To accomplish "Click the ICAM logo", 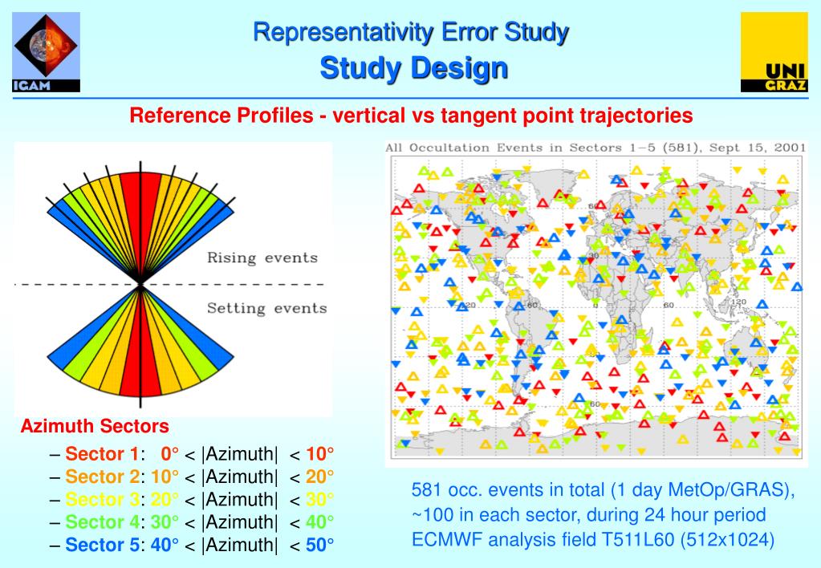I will click(47, 53).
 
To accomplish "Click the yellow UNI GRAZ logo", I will click(774, 53).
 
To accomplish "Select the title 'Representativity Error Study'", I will click(411, 32).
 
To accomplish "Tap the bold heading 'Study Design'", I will click(414, 68).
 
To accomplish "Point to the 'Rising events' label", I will click(262, 258).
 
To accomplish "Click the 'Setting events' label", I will click(267, 308).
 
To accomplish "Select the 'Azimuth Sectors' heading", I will click(95, 426).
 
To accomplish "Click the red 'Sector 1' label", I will click(102, 453).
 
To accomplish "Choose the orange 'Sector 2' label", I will click(102, 477).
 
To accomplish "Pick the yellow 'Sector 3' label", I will click(102, 499).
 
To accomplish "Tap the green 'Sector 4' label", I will click(102, 522).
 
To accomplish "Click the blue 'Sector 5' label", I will click(102, 546).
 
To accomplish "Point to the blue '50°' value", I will click(319, 546).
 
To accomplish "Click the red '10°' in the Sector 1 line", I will click(319, 453).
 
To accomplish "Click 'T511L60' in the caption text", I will click(639, 539).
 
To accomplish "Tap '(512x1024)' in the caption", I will click(728, 539).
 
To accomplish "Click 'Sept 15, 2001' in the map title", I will click(758, 148).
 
